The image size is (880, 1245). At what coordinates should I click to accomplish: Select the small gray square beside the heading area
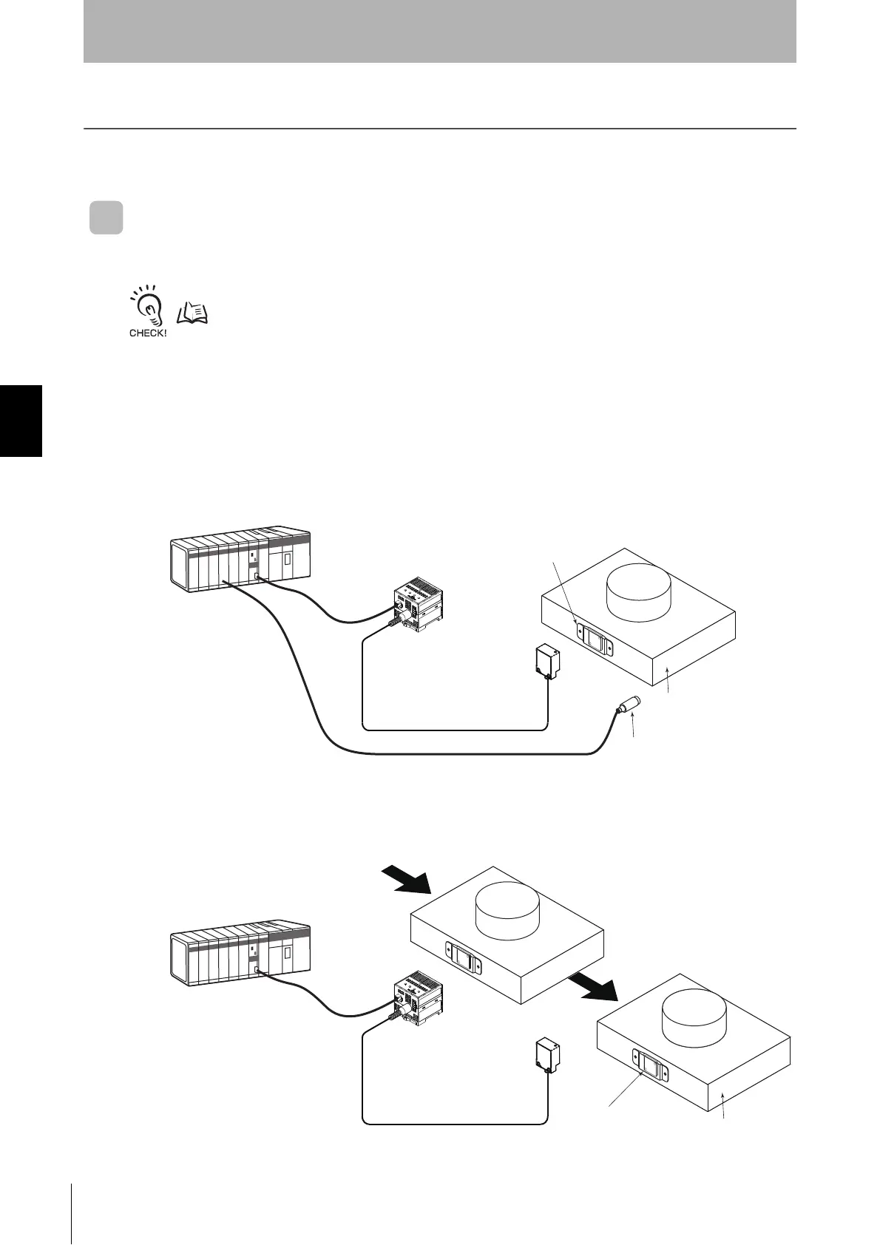106,218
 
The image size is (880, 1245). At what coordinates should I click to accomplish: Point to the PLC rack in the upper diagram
240,560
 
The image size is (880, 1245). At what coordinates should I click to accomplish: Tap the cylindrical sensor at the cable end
629,705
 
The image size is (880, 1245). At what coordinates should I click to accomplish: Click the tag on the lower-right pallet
651,1067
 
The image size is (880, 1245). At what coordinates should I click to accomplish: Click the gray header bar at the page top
439,31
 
